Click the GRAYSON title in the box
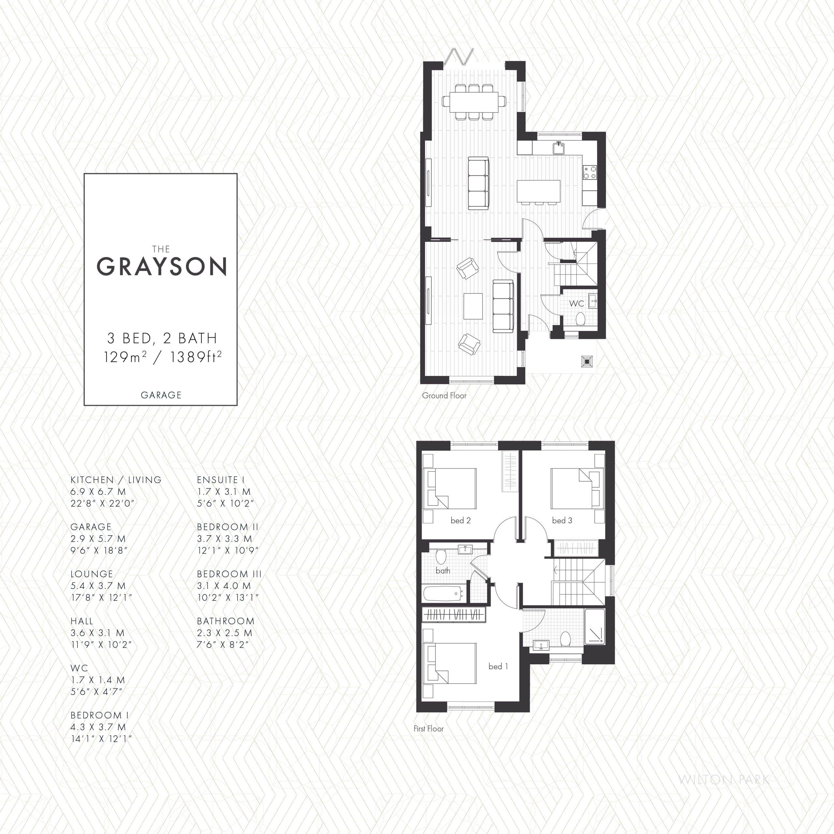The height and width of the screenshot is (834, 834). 162,266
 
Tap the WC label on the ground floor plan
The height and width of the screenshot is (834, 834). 576,304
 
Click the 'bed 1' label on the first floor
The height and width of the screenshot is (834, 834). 498,667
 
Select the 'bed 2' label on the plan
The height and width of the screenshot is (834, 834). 461,521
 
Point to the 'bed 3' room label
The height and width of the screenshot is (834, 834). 562,521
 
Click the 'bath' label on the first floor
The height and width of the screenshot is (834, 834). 443,571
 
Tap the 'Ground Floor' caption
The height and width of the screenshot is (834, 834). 444,395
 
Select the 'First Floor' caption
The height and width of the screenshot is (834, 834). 429,729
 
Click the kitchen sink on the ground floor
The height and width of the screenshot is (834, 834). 559,148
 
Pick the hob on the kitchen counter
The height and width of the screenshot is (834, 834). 590,172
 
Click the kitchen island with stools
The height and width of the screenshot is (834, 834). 538,193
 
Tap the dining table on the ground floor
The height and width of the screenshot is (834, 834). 474,101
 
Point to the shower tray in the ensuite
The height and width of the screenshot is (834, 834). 595,626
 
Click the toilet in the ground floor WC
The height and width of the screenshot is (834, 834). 580,320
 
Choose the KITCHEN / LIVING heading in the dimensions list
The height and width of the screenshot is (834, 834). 116,480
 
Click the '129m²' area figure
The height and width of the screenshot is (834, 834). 125,357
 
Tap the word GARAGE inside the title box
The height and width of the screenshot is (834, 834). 161,395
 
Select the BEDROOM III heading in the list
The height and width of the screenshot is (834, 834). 229,574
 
